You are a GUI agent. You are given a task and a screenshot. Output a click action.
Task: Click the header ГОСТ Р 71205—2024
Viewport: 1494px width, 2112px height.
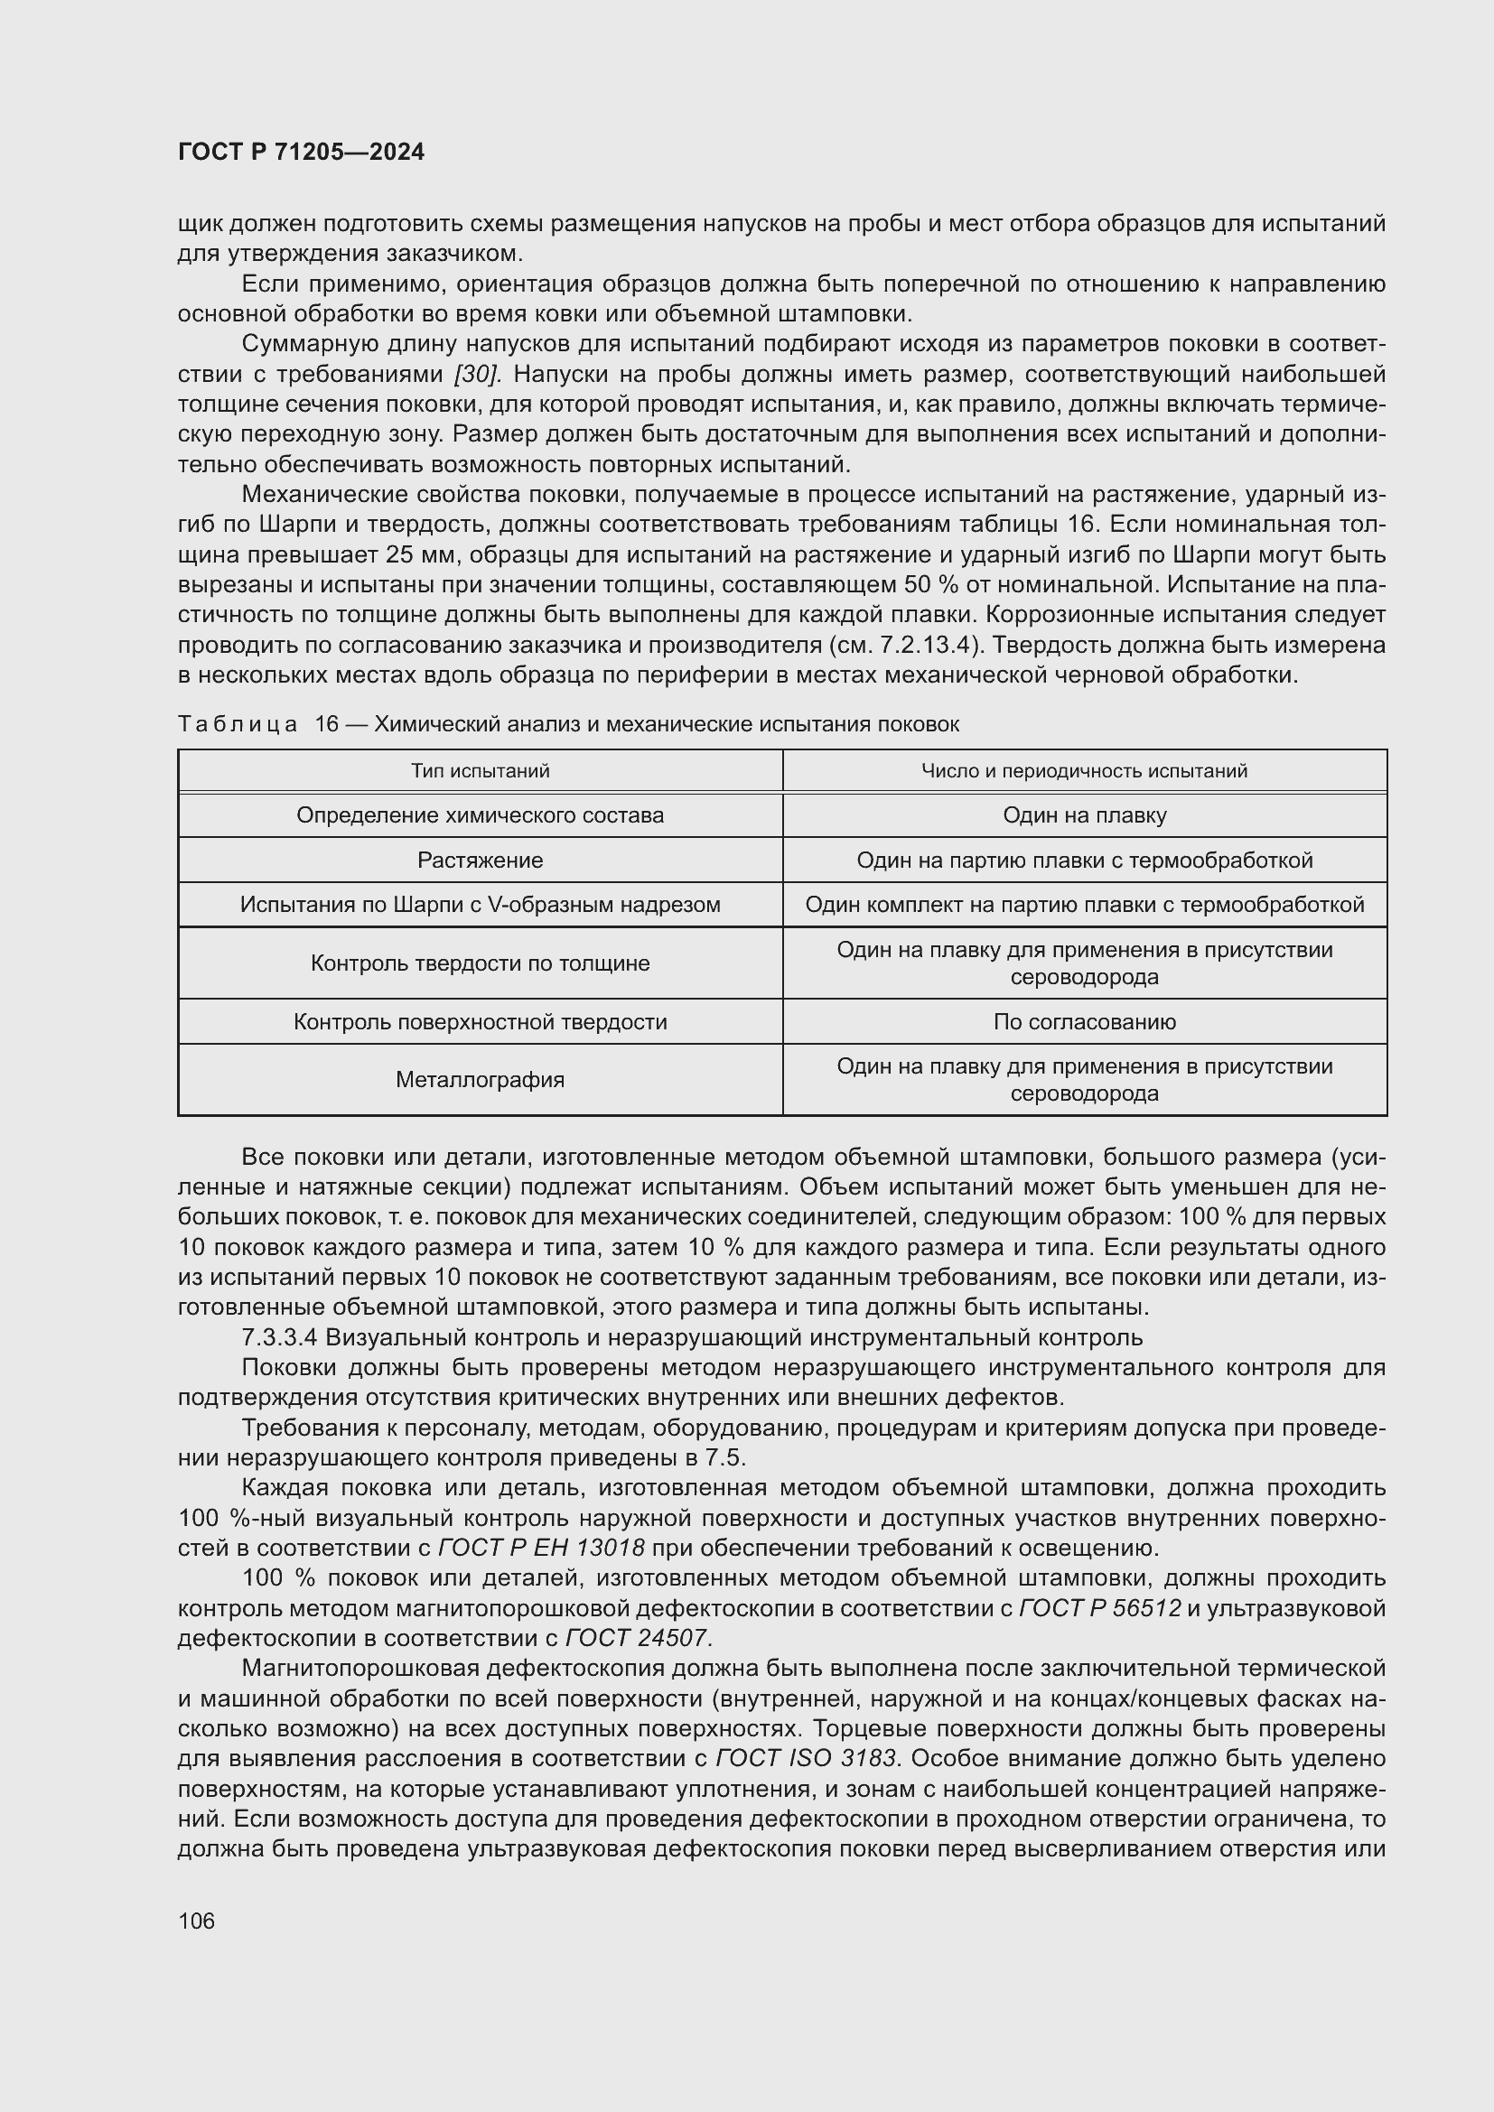click(x=301, y=153)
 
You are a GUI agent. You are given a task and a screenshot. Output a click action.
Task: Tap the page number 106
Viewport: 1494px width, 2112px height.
click(x=196, y=1921)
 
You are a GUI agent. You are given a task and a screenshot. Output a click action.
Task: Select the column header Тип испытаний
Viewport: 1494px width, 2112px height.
click(x=480, y=771)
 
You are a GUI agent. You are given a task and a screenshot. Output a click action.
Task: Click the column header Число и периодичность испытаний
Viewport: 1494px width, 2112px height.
click(x=1084, y=771)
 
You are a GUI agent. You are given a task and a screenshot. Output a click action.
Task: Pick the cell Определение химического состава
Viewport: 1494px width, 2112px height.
click(x=480, y=815)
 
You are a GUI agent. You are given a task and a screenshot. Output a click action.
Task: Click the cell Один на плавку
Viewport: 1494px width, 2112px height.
click(x=1084, y=815)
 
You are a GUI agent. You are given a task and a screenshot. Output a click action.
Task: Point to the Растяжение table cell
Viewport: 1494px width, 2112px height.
click(x=480, y=861)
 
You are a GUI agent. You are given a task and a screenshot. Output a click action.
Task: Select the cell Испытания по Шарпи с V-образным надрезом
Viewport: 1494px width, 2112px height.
click(x=480, y=904)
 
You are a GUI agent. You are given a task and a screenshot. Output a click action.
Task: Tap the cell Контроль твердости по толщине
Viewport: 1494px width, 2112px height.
click(x=480, y=963)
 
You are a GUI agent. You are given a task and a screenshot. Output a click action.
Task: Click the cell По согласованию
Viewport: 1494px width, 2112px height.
click(x=1084, y=1022)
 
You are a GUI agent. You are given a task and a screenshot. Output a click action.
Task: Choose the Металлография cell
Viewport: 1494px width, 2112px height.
click(x=480, y=1080)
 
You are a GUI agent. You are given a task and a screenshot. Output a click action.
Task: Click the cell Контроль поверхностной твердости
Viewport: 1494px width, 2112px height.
click(x=480, y=1022)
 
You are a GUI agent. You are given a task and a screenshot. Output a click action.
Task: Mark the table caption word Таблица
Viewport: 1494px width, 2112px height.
click(x=238, y=724)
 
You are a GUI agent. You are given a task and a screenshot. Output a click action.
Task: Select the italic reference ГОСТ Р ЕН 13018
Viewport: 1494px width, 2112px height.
click(x=541, y=1549)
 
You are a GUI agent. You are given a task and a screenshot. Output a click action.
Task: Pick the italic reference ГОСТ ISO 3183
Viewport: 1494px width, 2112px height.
click(x=807, y=1759)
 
